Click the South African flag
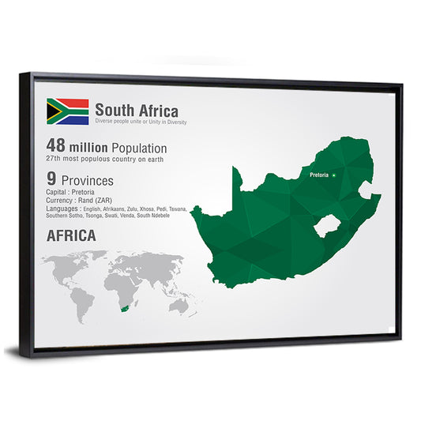[x=67, y=111]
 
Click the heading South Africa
[x=137, y=111]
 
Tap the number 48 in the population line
[x=55, y=148]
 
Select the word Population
[x=139, y=148]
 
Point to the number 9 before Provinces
[x=51, y=179]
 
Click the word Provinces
[x=86, y=180]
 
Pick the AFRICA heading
[x=71, y=235]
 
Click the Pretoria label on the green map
[x=319, y=175]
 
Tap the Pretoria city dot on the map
[x=334, y=175]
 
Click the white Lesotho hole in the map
[x=325, y=227]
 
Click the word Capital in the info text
[x=57, y=192]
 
